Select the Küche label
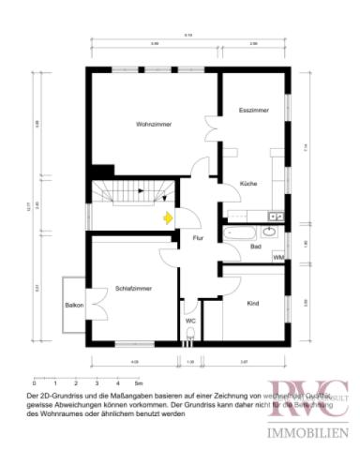pyautogui.click(x=248, y=183)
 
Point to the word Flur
pyautogui.click(x=198, y=238)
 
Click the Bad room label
pyautogui.click(x=255, y=247)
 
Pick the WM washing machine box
pyautogui.click(x=278, y=256)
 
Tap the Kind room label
pyautogui.click(x=252, y=304)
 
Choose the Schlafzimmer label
pyautogui.click(x=134, y=289)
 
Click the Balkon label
pyautogui.click(x=74, y=305)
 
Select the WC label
pyautogui.click(x=190, y=321)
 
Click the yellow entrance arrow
pyautogui.click(x=167, y=219)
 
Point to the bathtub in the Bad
pyautogui.click(x=240, y=231)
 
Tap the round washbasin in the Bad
pyautogui.click(x=270, y=230)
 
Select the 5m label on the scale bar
pyautogui.click(x=137, y=383)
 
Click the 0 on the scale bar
pyautogui.click(x=34, y=383)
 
